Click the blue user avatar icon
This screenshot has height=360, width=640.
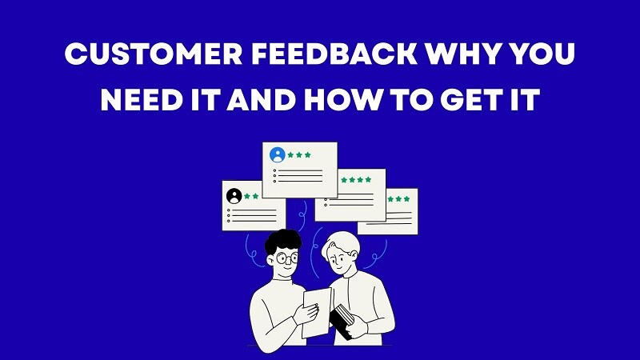(278, 154)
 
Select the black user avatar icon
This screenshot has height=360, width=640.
(234, 195)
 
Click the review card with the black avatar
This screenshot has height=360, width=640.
(252, 206)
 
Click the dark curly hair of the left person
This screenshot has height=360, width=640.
(279, 239)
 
